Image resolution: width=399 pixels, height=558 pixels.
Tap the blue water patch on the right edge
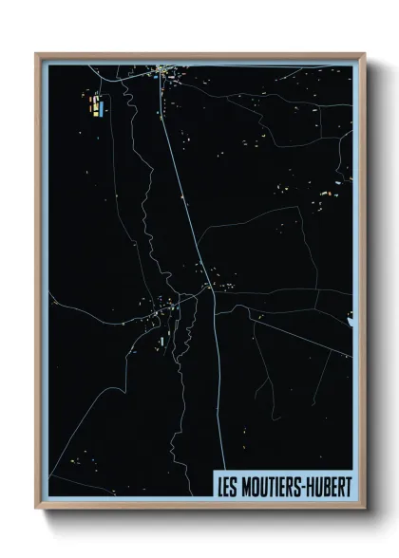click(x=350, y=318)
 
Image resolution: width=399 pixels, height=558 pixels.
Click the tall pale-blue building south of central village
click(x=162, y=339)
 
